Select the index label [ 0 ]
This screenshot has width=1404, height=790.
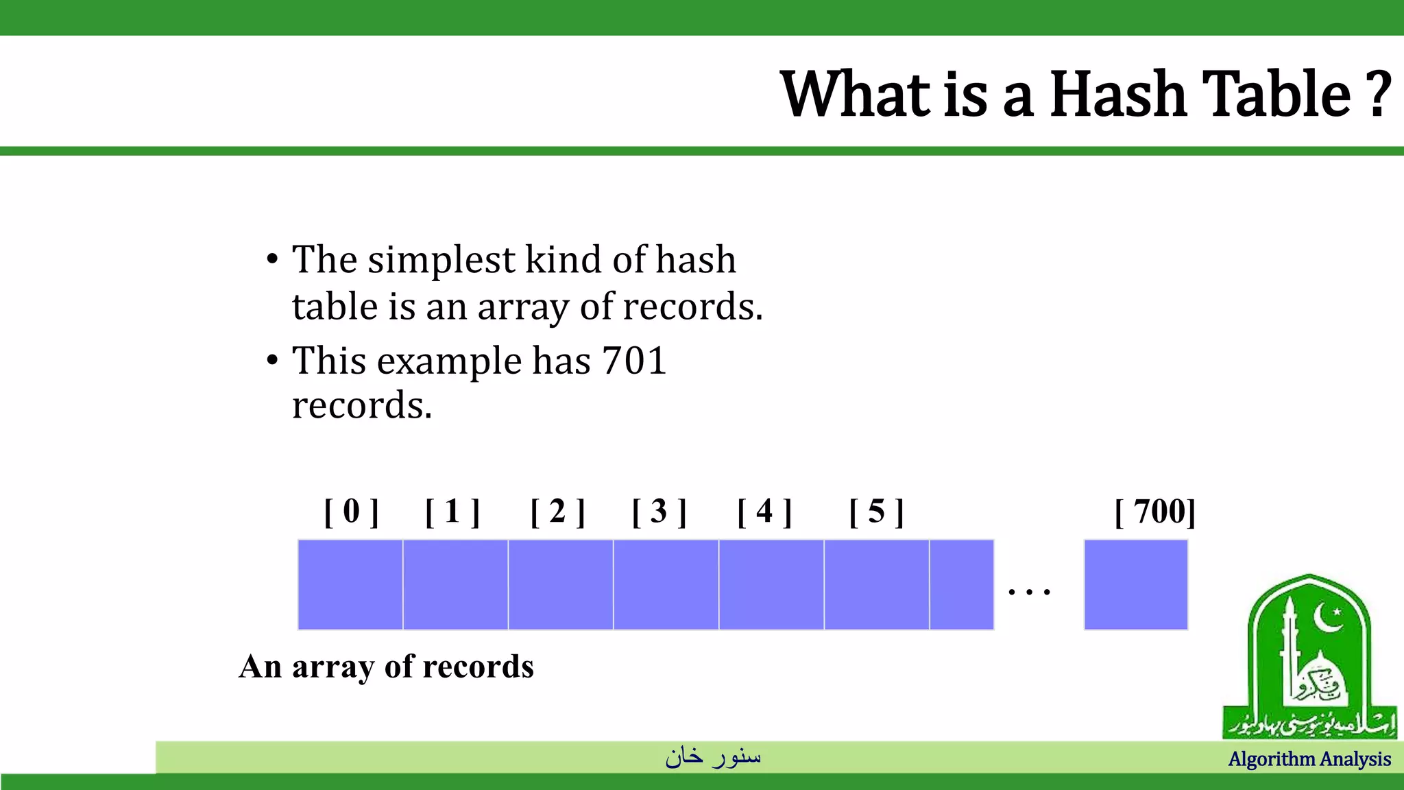351,512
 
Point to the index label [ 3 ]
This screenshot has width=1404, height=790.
659,512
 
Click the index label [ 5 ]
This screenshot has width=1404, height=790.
876,512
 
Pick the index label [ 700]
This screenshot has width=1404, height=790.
1155,512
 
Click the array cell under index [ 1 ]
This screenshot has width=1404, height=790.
455,584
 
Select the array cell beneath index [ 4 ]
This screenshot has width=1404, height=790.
771,584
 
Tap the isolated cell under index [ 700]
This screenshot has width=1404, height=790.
1135,584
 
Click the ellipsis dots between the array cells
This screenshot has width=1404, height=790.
1030,590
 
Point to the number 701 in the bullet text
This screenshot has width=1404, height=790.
634,361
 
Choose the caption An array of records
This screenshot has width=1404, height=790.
386,667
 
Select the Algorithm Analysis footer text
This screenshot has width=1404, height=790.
1309,759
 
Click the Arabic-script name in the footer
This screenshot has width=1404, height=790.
713,756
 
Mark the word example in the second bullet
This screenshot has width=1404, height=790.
449,362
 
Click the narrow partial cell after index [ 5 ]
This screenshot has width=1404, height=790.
961,584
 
